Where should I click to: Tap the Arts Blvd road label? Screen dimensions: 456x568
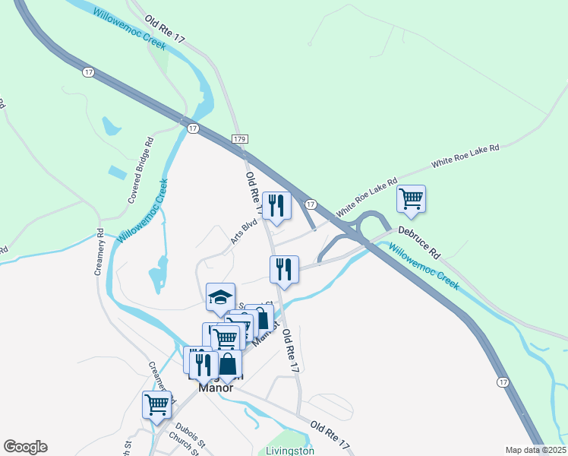[245, 233]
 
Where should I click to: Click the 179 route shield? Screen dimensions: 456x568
[240, 139]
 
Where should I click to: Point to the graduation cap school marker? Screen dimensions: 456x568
[220, 297]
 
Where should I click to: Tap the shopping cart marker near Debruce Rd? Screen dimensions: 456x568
[411, 199]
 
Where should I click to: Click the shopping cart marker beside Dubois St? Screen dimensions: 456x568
[156, 404]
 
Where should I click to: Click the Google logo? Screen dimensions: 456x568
[25, 447]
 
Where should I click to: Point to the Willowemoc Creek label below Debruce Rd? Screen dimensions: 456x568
[424, 267]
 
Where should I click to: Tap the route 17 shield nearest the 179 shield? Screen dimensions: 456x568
[193, 128]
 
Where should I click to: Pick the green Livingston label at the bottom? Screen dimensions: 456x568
[290, 451]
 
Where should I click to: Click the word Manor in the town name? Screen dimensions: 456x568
[215, 386]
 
